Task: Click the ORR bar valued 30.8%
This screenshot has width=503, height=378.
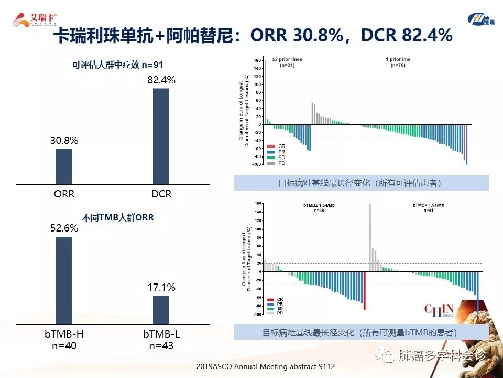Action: (64, 166)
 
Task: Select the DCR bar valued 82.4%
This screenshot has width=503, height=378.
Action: (161, 136)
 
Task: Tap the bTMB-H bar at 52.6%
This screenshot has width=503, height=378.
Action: (64, 280)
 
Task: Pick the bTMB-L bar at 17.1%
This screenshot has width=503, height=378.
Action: (161, 310)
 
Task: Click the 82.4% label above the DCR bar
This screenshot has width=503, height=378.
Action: (161, 80)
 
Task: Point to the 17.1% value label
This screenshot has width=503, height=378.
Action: (161, 288)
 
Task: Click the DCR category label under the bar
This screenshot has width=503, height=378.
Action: (161, 194)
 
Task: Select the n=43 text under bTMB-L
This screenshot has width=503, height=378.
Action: (161, 345)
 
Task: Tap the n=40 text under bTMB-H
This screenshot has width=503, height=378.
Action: (64, 345)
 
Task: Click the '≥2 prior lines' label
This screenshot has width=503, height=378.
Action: (287, 59)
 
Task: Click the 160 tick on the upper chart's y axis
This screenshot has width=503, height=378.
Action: (257, 61)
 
